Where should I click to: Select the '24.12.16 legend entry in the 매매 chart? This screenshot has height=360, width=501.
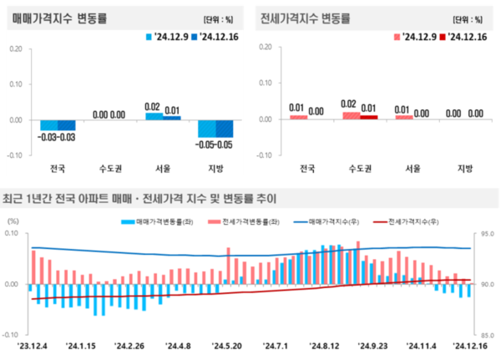[x=214, y=38]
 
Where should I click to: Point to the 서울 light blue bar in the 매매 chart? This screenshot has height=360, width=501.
[x=153, y=115]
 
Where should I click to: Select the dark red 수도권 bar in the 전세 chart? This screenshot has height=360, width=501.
[x=368, y=116]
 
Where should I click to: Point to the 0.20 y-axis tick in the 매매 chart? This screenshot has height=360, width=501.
[x=15, y=48]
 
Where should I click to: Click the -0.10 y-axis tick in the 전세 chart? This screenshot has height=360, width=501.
[x=265, y=155]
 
